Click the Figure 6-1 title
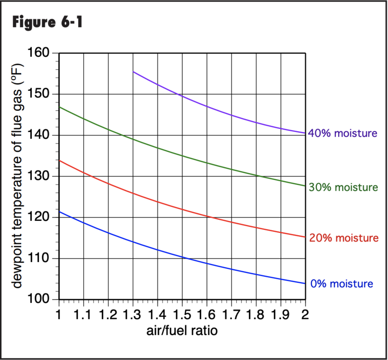(x=47, y=22)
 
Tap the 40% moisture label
(x=342, y=133)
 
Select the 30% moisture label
(x=342, y=187)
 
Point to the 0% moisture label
(x=341, y=284)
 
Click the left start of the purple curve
(x=133, y=72)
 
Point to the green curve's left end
(x=59, y=107)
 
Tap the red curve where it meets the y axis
(x=59, y=160)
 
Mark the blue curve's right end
(x=305, y=283)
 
